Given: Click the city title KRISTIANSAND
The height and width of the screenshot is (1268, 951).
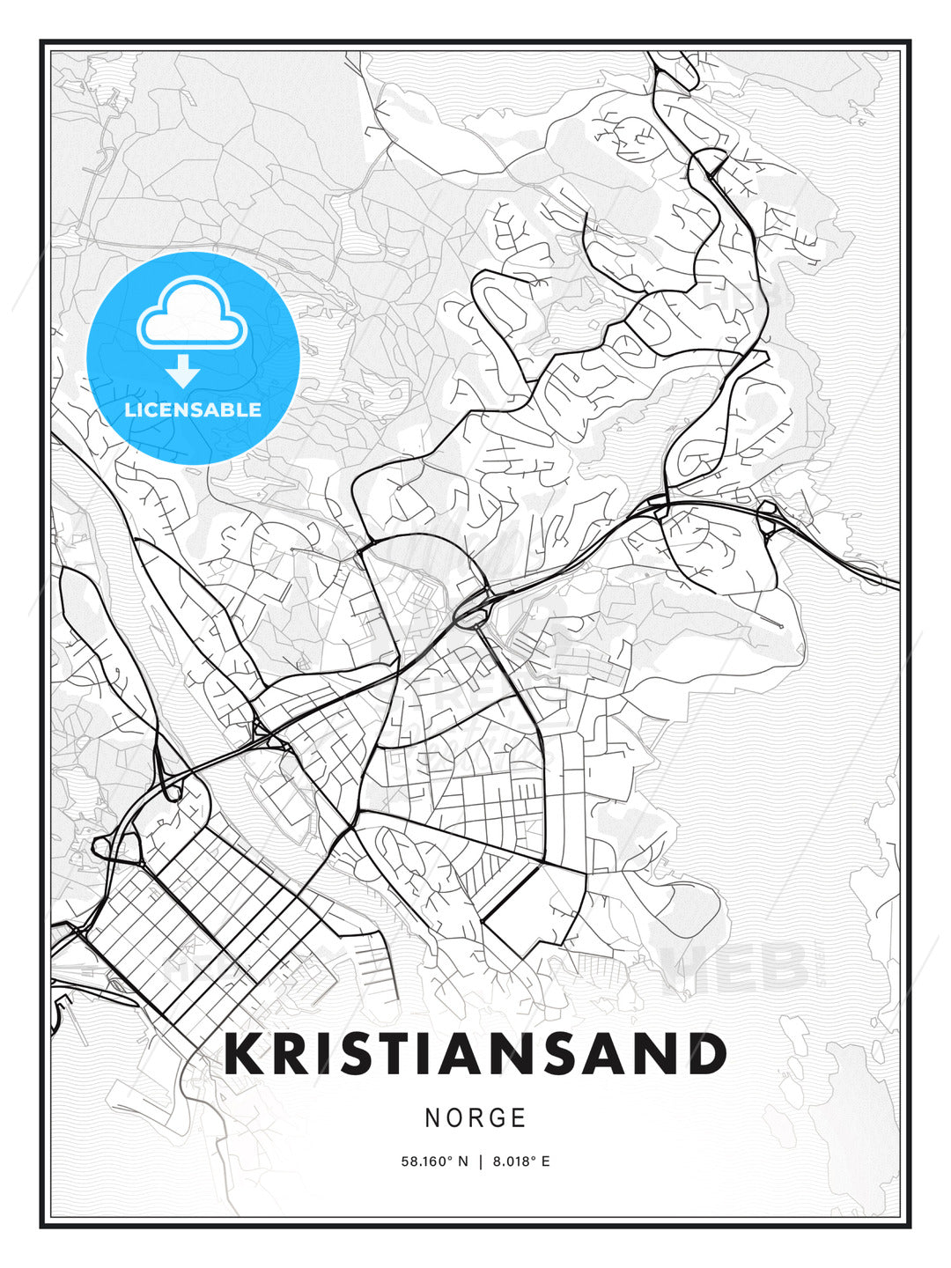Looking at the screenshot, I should click(475, 1054).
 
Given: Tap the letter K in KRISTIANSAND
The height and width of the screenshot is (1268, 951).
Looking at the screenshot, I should click(244, 1054).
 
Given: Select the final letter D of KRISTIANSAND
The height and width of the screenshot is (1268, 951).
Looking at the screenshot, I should click(706, 1054).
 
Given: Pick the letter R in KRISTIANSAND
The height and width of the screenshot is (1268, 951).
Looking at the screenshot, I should click(291, 1054).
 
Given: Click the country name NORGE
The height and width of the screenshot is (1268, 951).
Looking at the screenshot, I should click(475, 1118).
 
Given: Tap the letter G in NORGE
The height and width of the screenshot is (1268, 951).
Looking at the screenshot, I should click(496, 1118).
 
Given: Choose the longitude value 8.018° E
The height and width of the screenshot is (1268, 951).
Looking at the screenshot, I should click(521, 1161).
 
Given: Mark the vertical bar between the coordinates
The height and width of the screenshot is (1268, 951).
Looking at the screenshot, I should click(481, 1161).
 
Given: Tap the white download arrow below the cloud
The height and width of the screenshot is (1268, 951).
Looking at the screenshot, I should click(183, 372).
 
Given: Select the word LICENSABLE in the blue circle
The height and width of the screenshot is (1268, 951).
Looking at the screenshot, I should click(193, 409).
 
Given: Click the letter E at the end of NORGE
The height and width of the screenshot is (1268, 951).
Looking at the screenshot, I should click(519, 1118).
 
